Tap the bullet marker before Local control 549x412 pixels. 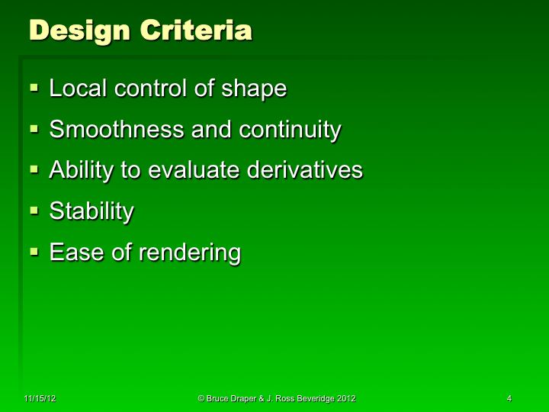(x=34, y=89)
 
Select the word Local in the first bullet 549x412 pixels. (x=79, y=89)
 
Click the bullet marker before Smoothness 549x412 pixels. (x=34, y=130)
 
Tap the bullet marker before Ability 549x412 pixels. (x=34, y=170)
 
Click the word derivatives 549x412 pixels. (x=305, y=170)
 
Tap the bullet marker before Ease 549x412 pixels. (x=34, y=252)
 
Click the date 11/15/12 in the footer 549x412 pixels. (x=38, y=399)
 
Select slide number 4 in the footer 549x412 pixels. (x=509, y=399)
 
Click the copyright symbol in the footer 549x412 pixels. (x=201, y=399)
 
